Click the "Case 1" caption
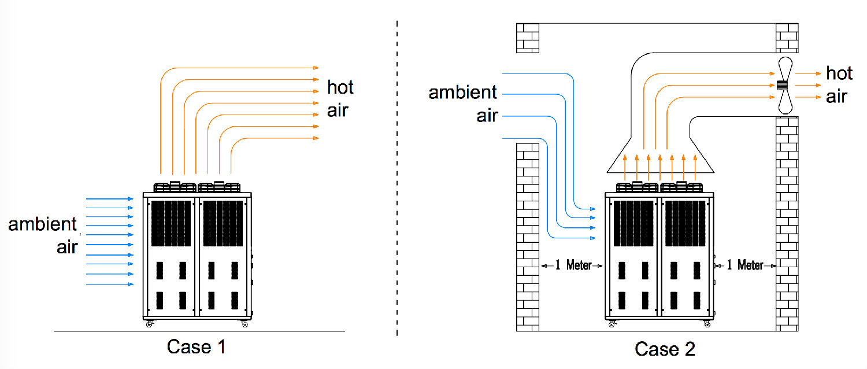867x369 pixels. (196, 346)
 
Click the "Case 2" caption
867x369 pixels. (665, 349)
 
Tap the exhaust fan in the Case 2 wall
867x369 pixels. (785, 86)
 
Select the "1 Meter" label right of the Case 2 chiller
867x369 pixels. (744, 265)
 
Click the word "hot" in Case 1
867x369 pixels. (340, 87)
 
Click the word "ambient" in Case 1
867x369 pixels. (43, 224)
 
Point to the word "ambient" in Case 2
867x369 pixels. (462, 92)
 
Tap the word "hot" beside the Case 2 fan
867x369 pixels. (839, 73)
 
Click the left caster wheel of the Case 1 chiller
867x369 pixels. (149, 324)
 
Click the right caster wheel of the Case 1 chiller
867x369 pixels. (244, 324)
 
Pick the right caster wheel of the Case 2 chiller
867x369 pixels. (707, 324)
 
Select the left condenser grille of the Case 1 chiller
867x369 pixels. (171, 223)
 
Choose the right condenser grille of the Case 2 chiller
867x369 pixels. (685, 223)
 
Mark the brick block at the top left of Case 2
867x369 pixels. (528, 38)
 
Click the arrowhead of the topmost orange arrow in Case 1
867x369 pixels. (316, 68)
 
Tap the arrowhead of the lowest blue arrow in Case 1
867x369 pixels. (131, 284)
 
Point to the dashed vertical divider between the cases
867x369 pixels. (397, 178)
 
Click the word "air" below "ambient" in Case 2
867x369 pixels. (487, 116)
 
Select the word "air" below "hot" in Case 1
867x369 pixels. (338, 110)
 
